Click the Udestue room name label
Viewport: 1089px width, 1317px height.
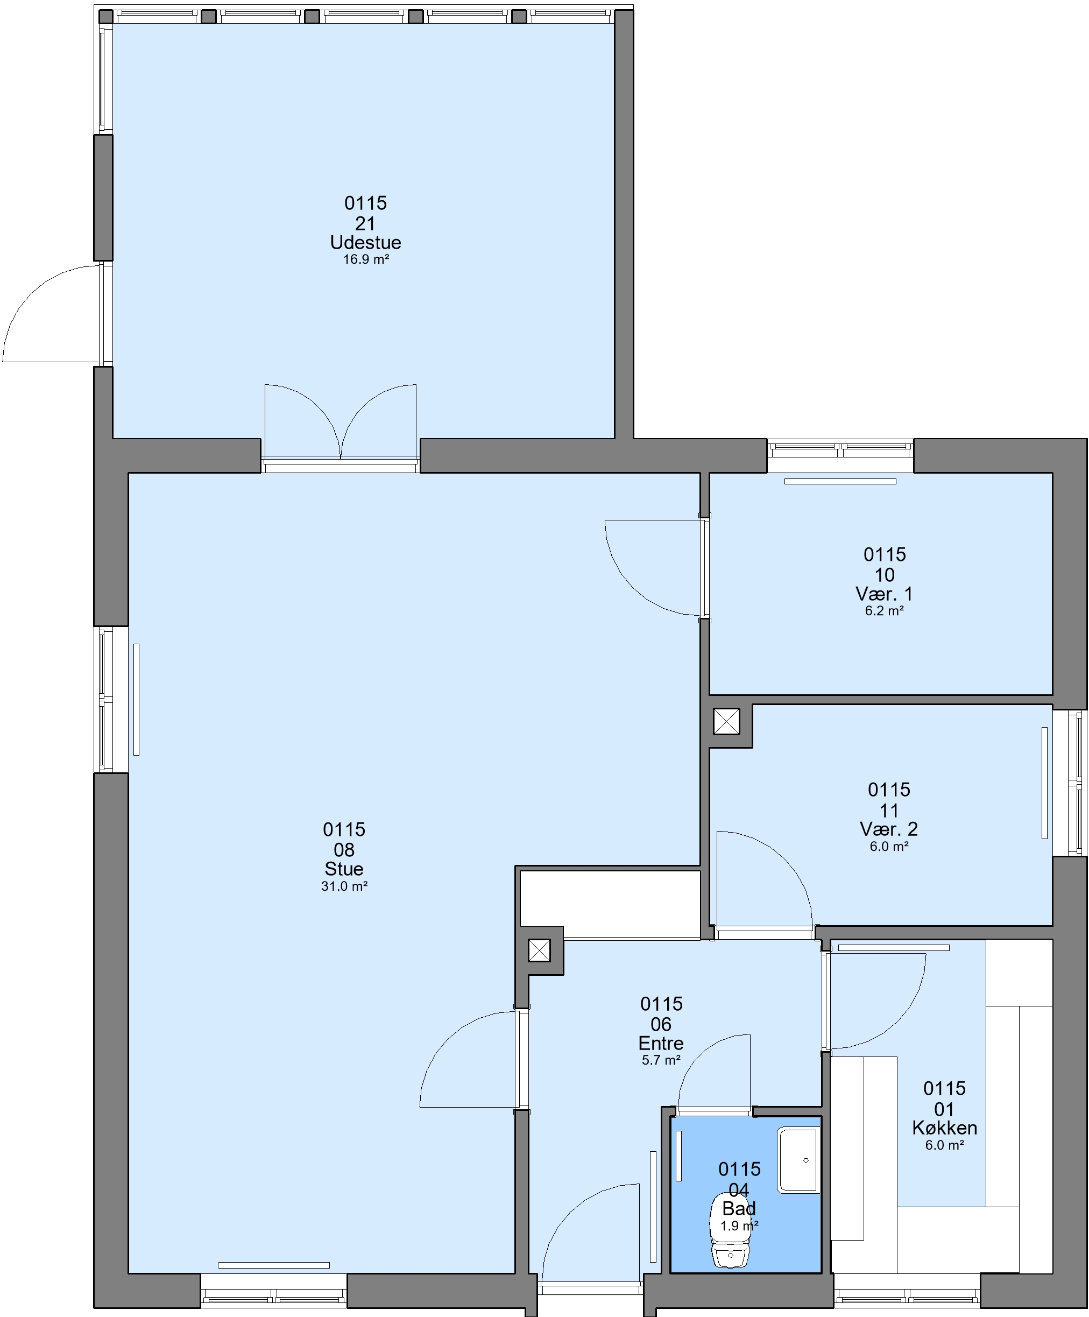[365, 243]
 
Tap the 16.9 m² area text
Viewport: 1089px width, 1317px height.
[366, 259]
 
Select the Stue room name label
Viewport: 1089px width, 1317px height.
[344, 869]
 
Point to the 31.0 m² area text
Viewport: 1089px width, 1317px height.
[344, 886]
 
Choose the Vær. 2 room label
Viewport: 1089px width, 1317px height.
[889, 829]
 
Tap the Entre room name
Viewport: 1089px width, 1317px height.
[661, 1043]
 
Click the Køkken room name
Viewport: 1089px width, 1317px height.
[944, 1128]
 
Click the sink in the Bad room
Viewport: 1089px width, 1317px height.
[798, 1160]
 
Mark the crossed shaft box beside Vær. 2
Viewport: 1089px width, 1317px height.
[726, 721]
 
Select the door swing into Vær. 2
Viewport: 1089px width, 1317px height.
[765, 878]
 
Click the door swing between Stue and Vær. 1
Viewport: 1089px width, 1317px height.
[653, 568]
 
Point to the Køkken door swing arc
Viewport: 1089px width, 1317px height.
[878, 1001]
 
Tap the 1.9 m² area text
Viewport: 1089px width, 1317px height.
[739, 1226]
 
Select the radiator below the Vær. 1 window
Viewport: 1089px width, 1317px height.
[840, 482]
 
